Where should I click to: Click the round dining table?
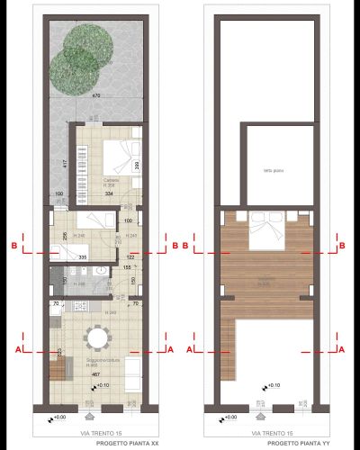[x=96, y=337]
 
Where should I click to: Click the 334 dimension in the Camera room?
[x=108, y=193]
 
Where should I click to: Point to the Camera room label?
[x=111, y=181]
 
